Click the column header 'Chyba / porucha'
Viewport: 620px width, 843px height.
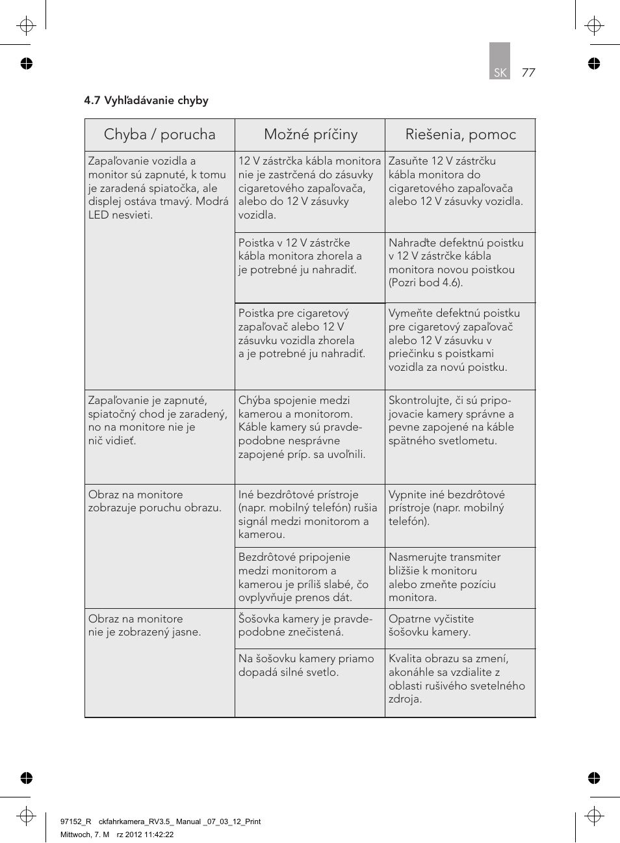pyautogui.click(x=159, y=135)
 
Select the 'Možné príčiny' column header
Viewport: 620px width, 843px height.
pyautogui.click(x=311, y=135)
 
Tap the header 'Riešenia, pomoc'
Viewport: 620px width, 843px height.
pyautogui.click(x=460, y=135)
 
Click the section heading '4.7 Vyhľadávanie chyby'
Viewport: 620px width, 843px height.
pyautogui.click(x=146, y=100)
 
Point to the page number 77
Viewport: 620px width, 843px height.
pyautogui.click(x=528, y=72)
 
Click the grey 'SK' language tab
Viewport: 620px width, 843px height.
pyautogui.click(x=500, y=72)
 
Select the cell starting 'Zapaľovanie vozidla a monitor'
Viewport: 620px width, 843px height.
pyautogui.click(x=159, y=188)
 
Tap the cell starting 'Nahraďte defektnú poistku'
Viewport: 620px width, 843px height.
pyautogui.click(x=456, y=263)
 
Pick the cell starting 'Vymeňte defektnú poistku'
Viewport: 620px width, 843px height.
pyautogui.click(x=454, y=340)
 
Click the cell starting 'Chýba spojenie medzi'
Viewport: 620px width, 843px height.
pyautogui.click(x=302, y=427)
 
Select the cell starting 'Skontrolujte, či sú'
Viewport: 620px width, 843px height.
pyautogui.click(x=451, y=420)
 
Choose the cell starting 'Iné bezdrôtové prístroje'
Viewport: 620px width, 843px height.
pyautogui.click(x=307, y=515)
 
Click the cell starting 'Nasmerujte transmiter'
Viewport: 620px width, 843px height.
pyautogui.click(x=445, y=577)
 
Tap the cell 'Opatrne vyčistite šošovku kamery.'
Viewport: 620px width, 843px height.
pyautogui.click(x=431, y=625)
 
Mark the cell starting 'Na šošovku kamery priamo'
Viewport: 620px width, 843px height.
pyautogui.click(x=306, y=665)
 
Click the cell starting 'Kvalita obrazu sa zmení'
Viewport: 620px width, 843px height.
pyautogui.click(x=456, y=678)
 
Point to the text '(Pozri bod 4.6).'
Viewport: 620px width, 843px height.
pyautogui.click(x=425, y=283)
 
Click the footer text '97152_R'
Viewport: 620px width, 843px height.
pyautogui.click(x=75, y=822)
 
